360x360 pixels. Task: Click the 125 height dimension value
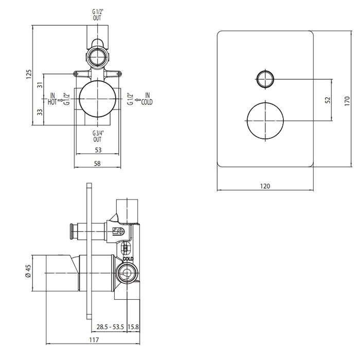(x=29, y=74)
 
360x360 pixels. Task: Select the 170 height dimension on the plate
(x=347, y=101)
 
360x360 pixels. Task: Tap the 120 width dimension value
(x=265, y=186)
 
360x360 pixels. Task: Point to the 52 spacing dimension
(x=328, y=100)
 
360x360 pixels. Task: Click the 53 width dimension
(x=98, y=150)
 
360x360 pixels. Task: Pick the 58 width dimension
(x=97, y=164)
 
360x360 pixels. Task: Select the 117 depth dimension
(x=94, y=339)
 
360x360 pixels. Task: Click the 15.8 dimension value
(x=133, y=327)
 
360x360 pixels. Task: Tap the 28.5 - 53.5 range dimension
(x=110, y=327)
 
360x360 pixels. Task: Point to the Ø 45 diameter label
(x=28, y=272)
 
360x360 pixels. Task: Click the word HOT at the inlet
(x=52, y=102)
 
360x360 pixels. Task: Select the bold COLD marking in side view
(x=128, y=259)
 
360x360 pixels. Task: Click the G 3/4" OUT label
(x=98, y=136)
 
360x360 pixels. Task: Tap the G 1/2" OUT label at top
(x=97, y=15)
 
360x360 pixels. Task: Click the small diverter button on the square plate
(x=265, y=79)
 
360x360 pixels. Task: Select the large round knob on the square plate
(x=265, y=120)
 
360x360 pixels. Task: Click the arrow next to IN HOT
(x=60, y=100)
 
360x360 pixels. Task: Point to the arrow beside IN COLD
(x=137, y=100)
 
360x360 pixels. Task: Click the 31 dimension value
(x=40, y=85)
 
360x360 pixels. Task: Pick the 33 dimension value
(x=40, y=112)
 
